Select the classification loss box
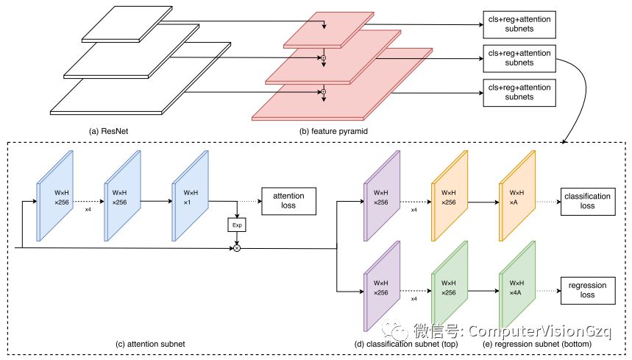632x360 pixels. click(587, 202)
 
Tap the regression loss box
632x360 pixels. click(587, 289)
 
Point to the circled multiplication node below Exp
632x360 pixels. click(237, 250)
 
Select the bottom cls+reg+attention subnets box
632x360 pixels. click(519, 92)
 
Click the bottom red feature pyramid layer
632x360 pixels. click(324, 102)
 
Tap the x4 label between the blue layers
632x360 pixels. click(88, 210)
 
